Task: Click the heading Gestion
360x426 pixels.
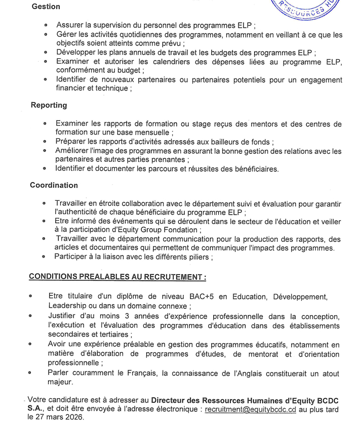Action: (x=46, y=7)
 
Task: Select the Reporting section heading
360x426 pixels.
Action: (x=49, y=105)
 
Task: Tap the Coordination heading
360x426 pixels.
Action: (x=54, y=186)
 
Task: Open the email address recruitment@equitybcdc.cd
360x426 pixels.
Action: (x=250, y=409)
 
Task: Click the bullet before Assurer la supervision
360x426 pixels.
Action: (x=46, y=24)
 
